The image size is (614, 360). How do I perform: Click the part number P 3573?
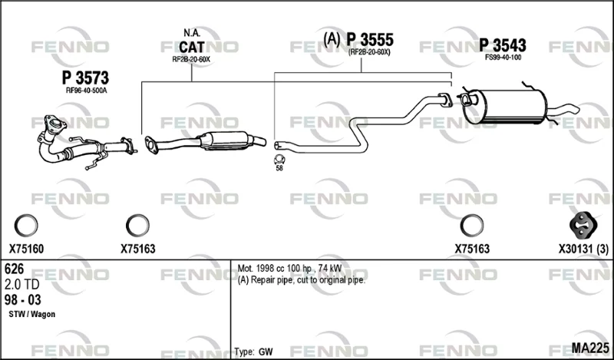85,78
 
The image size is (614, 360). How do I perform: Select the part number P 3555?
370,40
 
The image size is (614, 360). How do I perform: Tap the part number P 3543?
503,45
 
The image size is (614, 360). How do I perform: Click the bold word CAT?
191,48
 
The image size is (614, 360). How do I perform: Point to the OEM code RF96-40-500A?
86,91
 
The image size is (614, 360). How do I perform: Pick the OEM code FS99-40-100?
503,58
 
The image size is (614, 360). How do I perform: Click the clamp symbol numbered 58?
279,160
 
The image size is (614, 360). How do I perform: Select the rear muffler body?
505,106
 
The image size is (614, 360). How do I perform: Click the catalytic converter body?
224,140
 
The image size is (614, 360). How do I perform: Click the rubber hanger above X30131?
583,225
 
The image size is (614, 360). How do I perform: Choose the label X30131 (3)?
583,249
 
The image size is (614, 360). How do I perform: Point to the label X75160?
26,249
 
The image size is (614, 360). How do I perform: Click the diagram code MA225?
590,348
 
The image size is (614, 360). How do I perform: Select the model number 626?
14,269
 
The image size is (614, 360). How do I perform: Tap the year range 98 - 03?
23,300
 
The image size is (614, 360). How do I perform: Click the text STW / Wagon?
31,314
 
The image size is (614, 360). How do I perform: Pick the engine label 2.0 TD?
23,285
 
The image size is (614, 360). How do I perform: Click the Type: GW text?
254,352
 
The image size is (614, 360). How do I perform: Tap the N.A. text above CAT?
192,33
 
